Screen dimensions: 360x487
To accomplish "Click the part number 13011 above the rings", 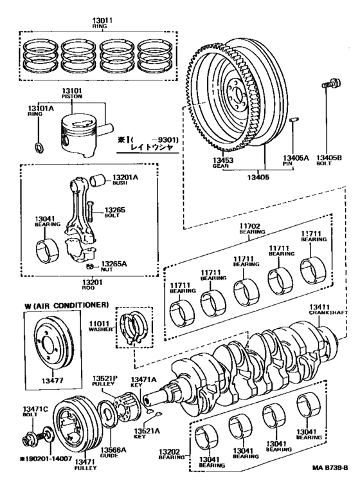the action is click(102, 21).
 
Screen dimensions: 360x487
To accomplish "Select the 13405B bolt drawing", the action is click(331, 83).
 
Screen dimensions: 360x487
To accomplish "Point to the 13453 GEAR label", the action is click(223, 163).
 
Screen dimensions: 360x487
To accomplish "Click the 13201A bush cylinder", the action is click(98, 180).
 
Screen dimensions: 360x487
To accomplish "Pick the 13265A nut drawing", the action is click(90, 266).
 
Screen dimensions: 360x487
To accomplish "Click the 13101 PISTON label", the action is click(71, 93).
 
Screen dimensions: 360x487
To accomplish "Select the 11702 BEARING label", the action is click(252, 228).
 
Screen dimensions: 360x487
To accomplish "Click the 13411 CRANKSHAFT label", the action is click(328, 309).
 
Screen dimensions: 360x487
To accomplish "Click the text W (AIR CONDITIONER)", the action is click(66, 305).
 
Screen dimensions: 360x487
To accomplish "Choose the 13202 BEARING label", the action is click(172, 454).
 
